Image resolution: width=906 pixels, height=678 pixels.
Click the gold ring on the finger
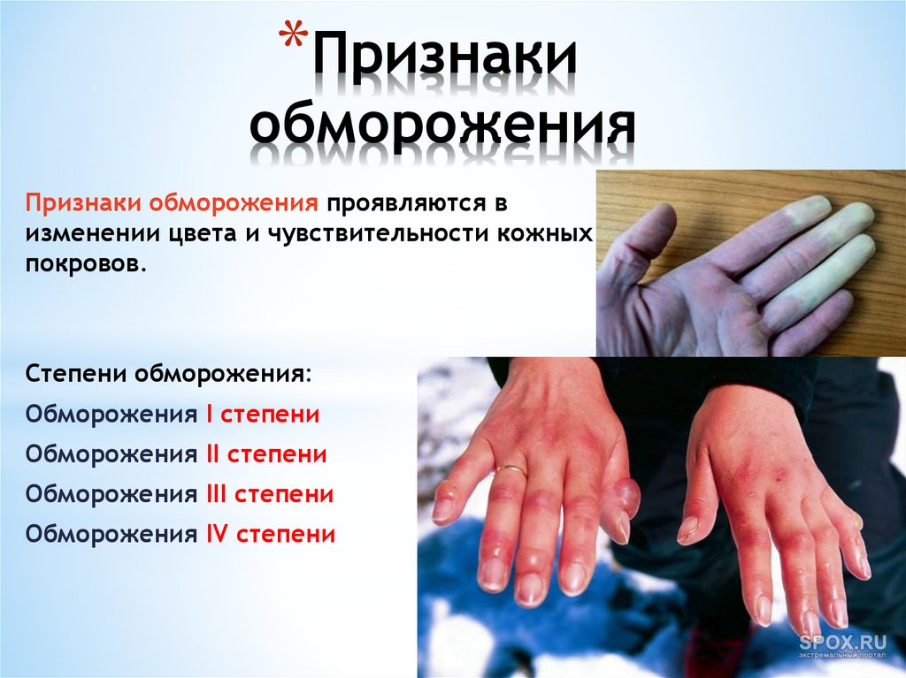(511, 470)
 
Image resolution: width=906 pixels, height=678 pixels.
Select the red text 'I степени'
(262, 415)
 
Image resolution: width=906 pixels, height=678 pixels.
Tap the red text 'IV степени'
(271, 534)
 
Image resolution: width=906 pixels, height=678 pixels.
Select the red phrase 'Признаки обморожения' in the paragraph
(172, 204)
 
